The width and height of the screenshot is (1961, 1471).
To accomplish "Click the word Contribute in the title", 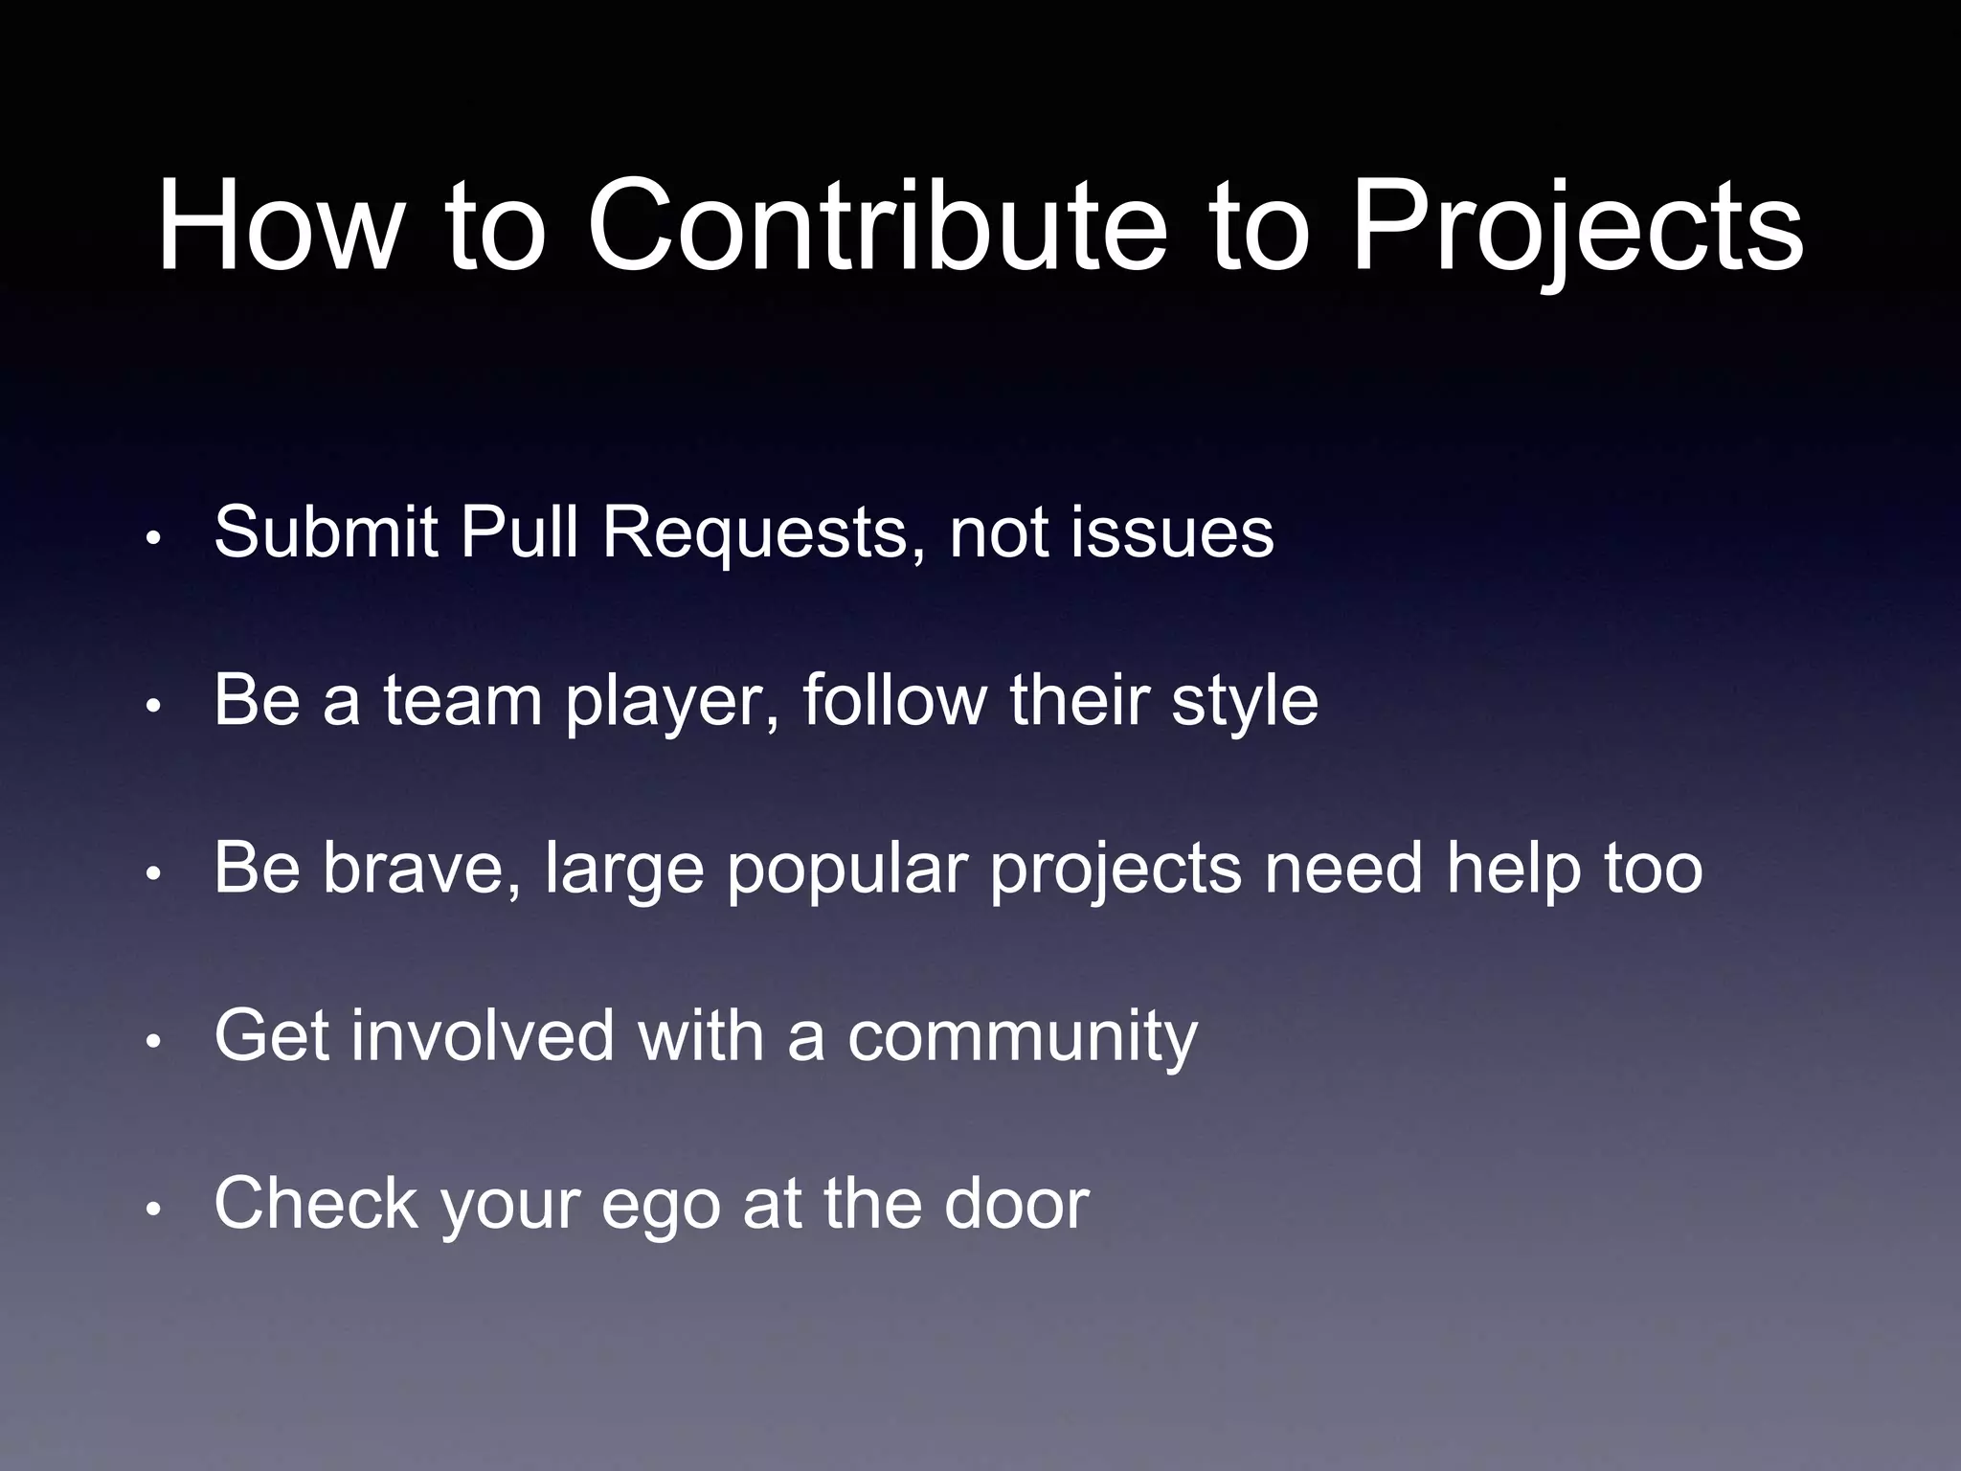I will (877, 228).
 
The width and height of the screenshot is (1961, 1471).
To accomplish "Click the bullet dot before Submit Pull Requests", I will (152, 539).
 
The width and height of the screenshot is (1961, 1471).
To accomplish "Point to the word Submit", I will (326, 532).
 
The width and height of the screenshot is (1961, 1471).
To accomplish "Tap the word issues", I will (1172, 532).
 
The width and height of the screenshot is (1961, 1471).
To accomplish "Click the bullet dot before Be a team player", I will (152, 707).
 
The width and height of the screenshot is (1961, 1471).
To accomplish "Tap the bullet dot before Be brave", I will (152, 874).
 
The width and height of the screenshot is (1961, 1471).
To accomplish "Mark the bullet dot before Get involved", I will (152, 1042).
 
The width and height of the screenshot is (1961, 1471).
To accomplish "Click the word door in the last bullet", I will (1016, 1203).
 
